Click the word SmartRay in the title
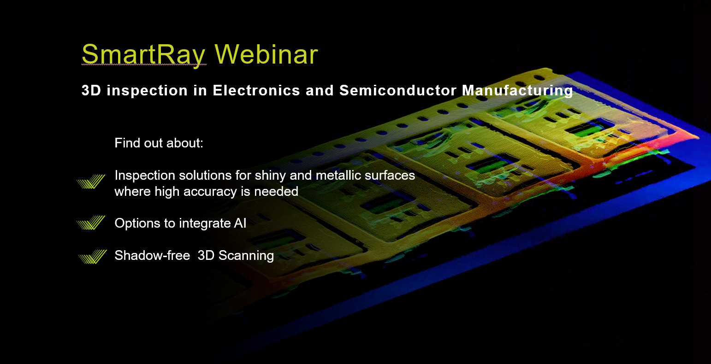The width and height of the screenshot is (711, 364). tap(143, 54)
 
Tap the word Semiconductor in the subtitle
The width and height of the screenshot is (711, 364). tap(398, 90)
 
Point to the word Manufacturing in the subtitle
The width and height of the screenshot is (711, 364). tap(517, 90)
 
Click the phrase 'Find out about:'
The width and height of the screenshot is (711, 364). tap(159, 143)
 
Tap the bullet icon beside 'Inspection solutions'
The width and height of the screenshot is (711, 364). tap(90, 182)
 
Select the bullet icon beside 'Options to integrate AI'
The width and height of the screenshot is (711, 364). tap(90, 223)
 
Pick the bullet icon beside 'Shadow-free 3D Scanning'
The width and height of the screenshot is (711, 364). tap(92, 257)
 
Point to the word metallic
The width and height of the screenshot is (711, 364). tap(330, 176)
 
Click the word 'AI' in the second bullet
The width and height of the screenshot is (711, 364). tap(240, 223)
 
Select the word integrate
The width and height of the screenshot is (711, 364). tap(205, 224)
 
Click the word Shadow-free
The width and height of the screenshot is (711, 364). tap(152, 255)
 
